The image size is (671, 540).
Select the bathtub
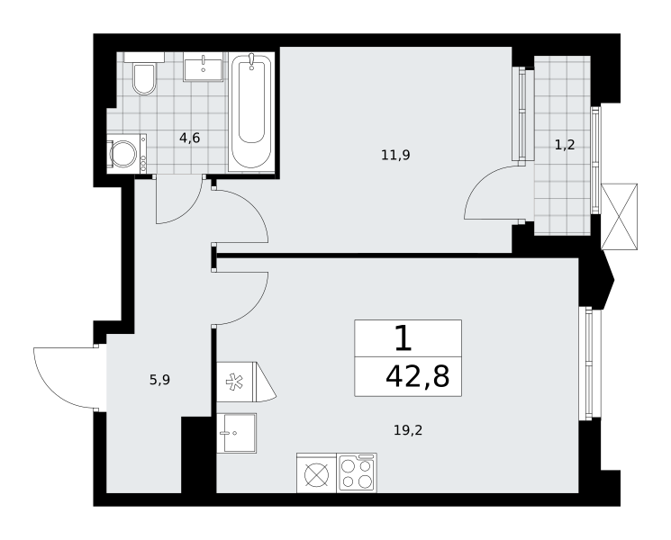coord(251,112)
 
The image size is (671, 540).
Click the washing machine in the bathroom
coord(126,154)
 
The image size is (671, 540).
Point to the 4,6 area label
coord(189,138)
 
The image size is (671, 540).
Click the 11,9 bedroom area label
coord(395,155)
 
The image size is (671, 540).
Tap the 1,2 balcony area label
coord(565,146)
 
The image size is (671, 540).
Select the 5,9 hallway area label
coord(159,380)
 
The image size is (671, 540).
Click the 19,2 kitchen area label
coord(408,429)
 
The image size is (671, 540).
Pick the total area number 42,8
coord(417,377)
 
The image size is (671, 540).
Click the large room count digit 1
coord(403,337)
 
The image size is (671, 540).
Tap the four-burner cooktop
coord(357,472)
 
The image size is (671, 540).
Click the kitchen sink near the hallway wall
coord(237,433)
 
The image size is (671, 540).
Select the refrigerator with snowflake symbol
coord(246,382)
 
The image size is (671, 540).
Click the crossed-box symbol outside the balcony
coord(619,217)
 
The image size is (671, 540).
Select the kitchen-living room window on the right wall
coord(590,363)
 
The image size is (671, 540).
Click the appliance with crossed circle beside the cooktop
coord(317,472)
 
